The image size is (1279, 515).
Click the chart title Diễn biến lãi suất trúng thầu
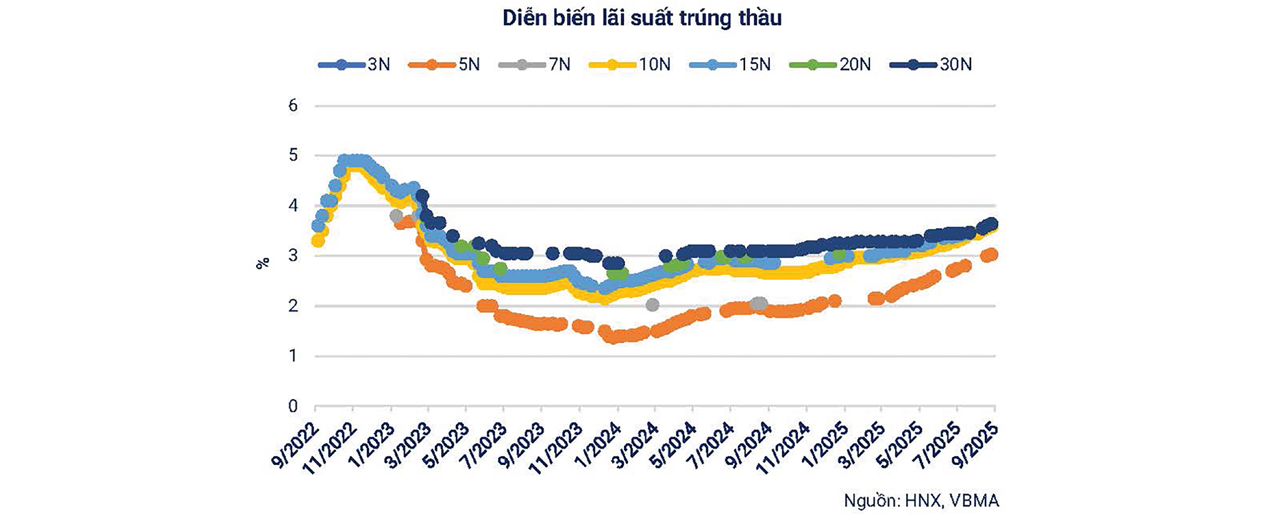pyautogui.click(x=641, y=18)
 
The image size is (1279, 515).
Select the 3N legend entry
pyautogui.click(x=354, y=64)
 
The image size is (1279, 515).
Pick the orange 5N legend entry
pyautogui.click(x=444, y=64)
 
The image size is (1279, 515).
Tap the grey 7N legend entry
pyautogui.click(x=535, y=64)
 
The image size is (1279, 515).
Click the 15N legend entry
pyautogui.click(x=730, y=64)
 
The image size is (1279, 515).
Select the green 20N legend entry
pyautogui.click(x=830, y=64)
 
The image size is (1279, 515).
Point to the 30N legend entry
pyautogui.click(x=931, y=64)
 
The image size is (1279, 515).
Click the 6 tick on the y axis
pyautogui.click(x=293, y=106)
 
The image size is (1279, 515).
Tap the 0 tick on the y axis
pyautogui.click(x=293, y=406)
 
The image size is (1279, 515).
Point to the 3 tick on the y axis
pyautogui.click(x=293, y=256)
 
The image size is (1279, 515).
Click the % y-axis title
pyautogui.click(x=262, y=263)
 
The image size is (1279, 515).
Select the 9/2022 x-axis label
pyautogui.click(x=295, y=446)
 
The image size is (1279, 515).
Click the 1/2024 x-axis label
pyautogui.click(x=598, y=446)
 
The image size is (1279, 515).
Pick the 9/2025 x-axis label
pyautogui.click(x=976, y=446)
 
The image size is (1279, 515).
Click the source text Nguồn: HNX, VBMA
pyautogui.click(x=921, y=501)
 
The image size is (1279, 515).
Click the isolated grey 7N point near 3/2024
pyautogui.click(x=652, y=305)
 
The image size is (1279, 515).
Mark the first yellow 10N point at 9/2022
pyautogui.click(x=317, y=241)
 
